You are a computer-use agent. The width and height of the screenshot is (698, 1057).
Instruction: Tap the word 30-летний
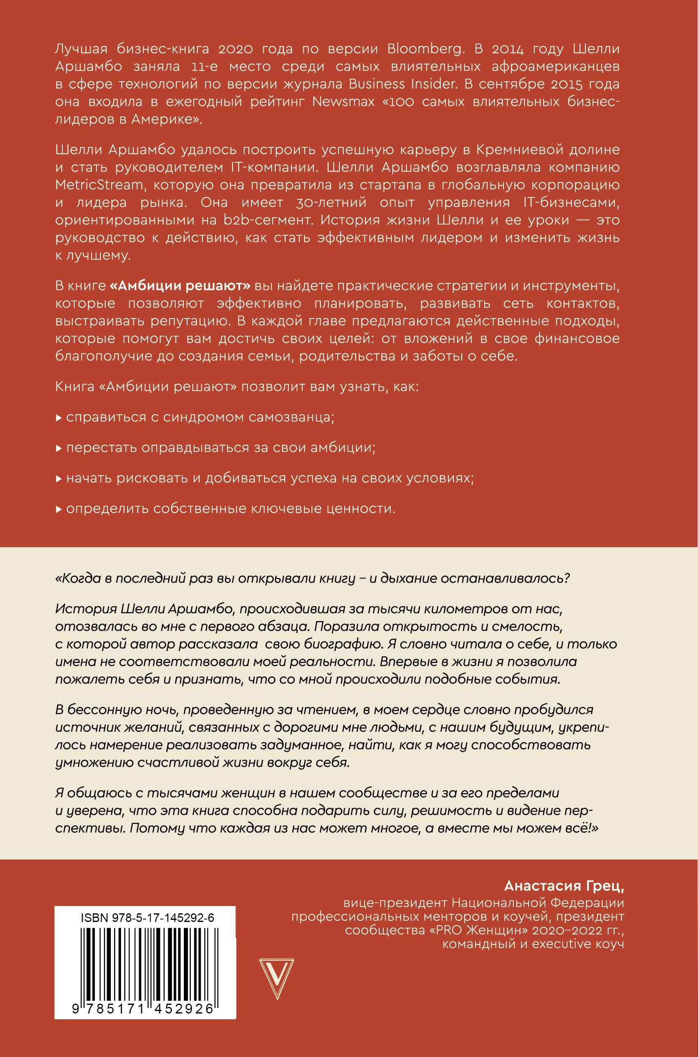pyautogui.click(x=331, y=203)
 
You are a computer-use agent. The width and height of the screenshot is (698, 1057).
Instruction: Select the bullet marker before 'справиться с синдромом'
pyautogui.click(x=58, y=418)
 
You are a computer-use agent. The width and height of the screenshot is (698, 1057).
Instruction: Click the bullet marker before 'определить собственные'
pyautogui.click(x=58, y=509)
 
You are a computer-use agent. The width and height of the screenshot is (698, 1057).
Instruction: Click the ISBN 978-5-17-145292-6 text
pyautogui.click(x=147, y=917)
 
